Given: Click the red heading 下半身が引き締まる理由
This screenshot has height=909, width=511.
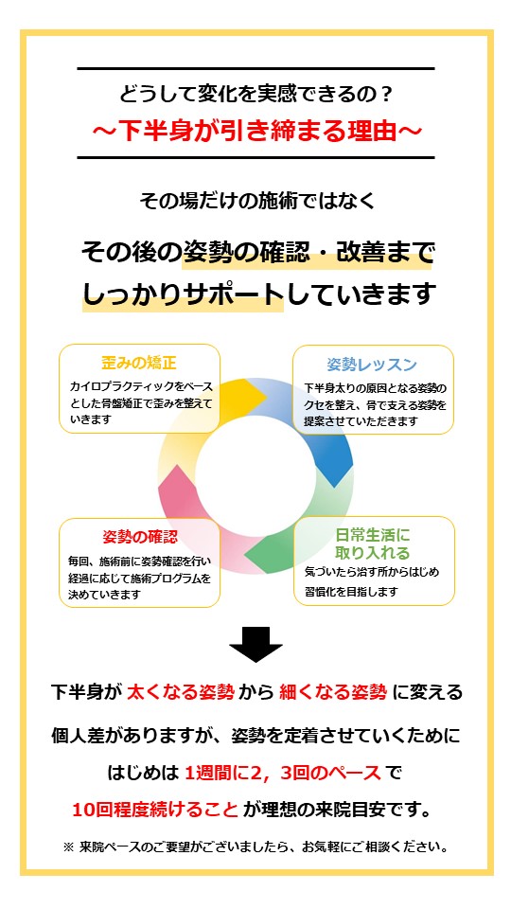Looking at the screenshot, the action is tap(255, 131).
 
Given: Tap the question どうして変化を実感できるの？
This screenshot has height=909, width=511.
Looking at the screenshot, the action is tap(256, 94).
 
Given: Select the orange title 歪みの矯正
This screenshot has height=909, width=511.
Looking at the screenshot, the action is tap(139, 364).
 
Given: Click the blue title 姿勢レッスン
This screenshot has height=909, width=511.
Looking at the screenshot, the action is tap(372, 364).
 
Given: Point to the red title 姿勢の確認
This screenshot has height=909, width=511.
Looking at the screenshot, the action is tap(140, 537).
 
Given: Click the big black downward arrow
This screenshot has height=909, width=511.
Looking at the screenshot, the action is tap(255, 644).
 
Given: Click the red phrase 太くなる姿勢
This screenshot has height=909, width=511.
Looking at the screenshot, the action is tap(181, 692).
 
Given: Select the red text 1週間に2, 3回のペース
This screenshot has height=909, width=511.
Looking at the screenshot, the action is tap(283, 773).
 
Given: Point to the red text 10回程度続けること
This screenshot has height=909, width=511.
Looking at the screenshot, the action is tap(155, 810).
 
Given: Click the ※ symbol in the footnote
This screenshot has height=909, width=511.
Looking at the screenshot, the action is tap(68, 847).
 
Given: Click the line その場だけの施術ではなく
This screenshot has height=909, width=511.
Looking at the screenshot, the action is tap(256, 201).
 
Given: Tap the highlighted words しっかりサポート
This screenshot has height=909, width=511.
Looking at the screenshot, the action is tap(183, 294).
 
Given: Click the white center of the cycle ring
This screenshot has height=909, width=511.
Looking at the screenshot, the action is tap(255, 476).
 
